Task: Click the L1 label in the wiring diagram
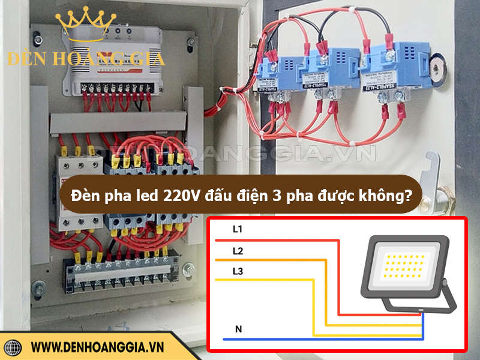pos(237,229)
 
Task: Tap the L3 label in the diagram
pos(237,272)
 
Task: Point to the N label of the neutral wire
pos(238,329)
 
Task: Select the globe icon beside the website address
pos(13,347)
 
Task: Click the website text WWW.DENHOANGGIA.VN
pos(97,347)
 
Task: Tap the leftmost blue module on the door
pos(280,71)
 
